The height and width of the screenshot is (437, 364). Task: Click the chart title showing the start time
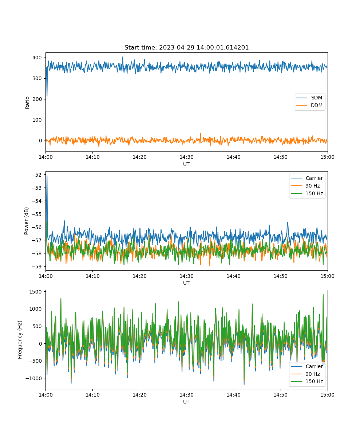tap(186, 47)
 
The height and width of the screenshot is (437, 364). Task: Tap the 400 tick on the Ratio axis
tap(37, 58)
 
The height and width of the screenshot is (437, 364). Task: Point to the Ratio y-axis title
tap(27, 103)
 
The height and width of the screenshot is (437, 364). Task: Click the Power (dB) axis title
tap(26, 221)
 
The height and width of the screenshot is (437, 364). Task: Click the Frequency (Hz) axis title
tap(20, 340)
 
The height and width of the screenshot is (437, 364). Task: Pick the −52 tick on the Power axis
tap(37, 175)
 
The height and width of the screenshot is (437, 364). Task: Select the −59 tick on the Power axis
tap(37, 267)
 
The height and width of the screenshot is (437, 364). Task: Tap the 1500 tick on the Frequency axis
tap(36, 292)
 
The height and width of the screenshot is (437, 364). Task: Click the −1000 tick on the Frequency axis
tap(34, 378)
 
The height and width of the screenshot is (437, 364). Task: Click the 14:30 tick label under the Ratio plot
tap(187, 157)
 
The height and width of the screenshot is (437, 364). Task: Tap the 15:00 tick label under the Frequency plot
tap(327, 395)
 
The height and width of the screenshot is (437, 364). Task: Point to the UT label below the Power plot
tap(186, 283)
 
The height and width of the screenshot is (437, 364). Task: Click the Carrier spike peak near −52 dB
tap(47, 176)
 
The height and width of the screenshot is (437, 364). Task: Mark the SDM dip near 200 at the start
tap(47, 96)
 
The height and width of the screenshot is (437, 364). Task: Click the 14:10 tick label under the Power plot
tap(93, 276)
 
